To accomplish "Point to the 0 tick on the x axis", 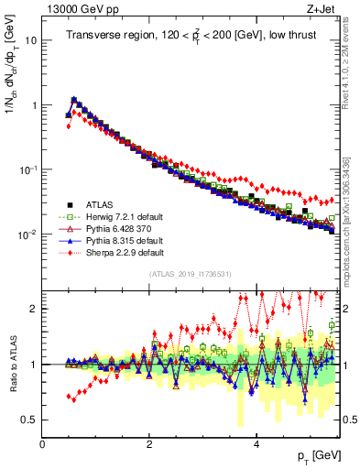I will click(43, 442).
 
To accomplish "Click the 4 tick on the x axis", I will click(256, 442).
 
